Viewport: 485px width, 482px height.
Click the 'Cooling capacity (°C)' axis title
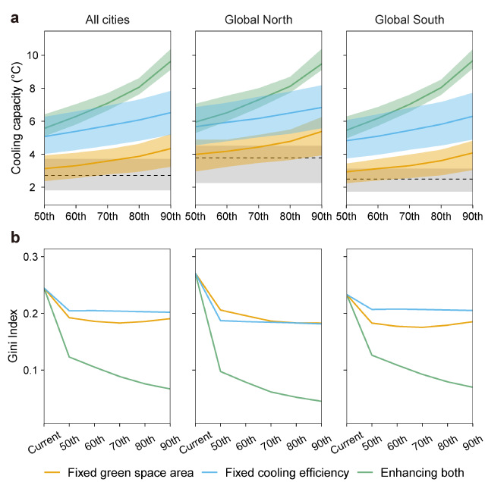(16, 121)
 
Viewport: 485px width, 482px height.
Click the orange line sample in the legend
(46, 473)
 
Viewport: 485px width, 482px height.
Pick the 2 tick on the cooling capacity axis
(33, 187)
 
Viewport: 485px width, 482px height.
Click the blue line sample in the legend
(205, 473)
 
